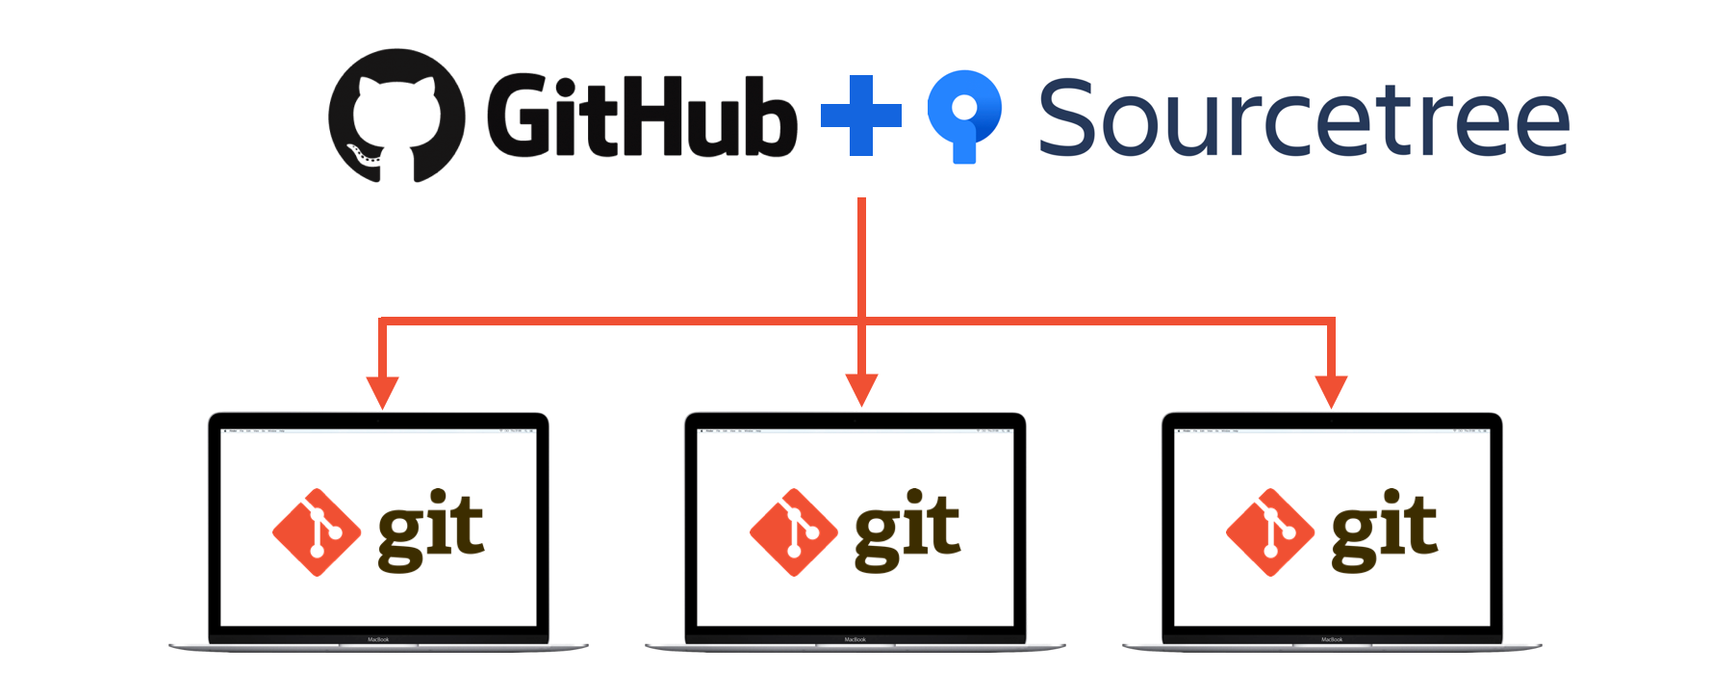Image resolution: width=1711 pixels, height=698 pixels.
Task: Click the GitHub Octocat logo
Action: (396, 116)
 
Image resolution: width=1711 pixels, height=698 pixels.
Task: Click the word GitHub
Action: (642, 116)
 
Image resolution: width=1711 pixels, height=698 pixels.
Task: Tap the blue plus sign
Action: (861, 116)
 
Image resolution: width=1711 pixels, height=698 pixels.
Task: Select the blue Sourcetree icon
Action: (964, 114)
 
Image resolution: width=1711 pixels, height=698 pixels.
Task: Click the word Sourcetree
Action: (1304, 118)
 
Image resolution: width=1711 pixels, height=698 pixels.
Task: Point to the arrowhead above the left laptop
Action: (382, 392)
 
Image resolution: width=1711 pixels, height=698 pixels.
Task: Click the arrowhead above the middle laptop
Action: (861, 390)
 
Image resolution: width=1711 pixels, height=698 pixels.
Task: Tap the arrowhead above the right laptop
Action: (1331, 391)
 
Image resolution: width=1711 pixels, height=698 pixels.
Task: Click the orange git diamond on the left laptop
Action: (317, 532)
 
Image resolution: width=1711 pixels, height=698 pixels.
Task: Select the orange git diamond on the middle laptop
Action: (794, 532)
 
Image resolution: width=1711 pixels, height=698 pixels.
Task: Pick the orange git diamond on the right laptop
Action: (1270, 532)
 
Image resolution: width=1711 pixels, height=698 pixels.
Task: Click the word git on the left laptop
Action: (430, 530)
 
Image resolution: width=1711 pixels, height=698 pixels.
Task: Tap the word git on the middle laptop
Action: (907, 530)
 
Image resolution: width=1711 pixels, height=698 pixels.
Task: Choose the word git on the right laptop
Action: (1384, 530)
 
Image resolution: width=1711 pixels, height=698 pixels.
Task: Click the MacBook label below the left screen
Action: (378, 639)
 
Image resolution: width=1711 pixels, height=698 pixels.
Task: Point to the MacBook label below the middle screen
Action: (855, 639)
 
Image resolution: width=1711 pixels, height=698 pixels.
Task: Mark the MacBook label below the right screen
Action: (1332, 639)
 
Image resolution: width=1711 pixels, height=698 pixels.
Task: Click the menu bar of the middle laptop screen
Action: (855, 431)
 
